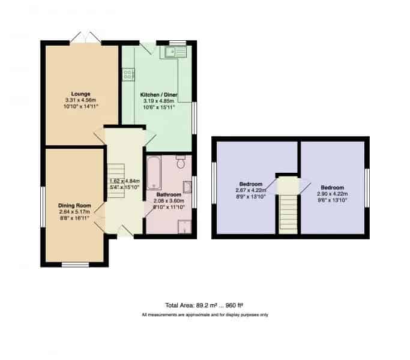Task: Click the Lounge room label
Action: pyautogui.click(x=81, y=94)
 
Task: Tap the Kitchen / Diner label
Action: pyautogui.click(x=158, y=95)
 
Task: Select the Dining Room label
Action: pyautogui.click(x=74, y=205)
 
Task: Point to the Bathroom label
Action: pyautogui.click(x=169, y=194)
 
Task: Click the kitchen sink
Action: pyautogui.click(x=175, y=52)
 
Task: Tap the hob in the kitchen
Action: pyautogui.click(x=128, y=74)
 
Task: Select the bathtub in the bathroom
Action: pyautogui.click(x=154, y=173)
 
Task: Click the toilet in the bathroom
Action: pyautogui.click(x=181, y=161)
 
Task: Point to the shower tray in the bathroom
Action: pyautogui.click(x=185, y=227)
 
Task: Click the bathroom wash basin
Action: pyautogui.click(x=187, y=187)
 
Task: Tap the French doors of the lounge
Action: pyautogui.click(x=85, y=38)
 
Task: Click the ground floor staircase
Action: pyautogui.click(x=116, y=182)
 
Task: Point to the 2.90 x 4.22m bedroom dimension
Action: pyautogui.click(x=332, y=194)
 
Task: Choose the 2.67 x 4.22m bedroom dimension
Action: pyautogui.click(x=251, y=190)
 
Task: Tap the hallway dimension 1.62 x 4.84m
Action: pyautogui.click(x=125, y=181)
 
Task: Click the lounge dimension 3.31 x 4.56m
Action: pyautogui.click(x=80, y=100)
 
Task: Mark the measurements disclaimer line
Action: pyautogui.click(x=205, y=315)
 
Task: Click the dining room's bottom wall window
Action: pyautogui.click(x=75, y=265)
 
